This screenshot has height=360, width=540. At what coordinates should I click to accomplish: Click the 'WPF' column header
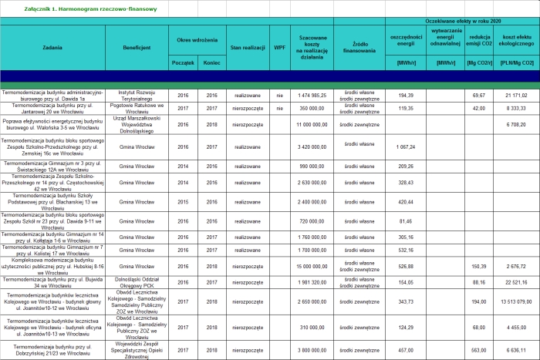(x=279, y=48)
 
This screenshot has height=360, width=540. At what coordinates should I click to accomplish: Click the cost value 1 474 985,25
(x=312, y=95)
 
